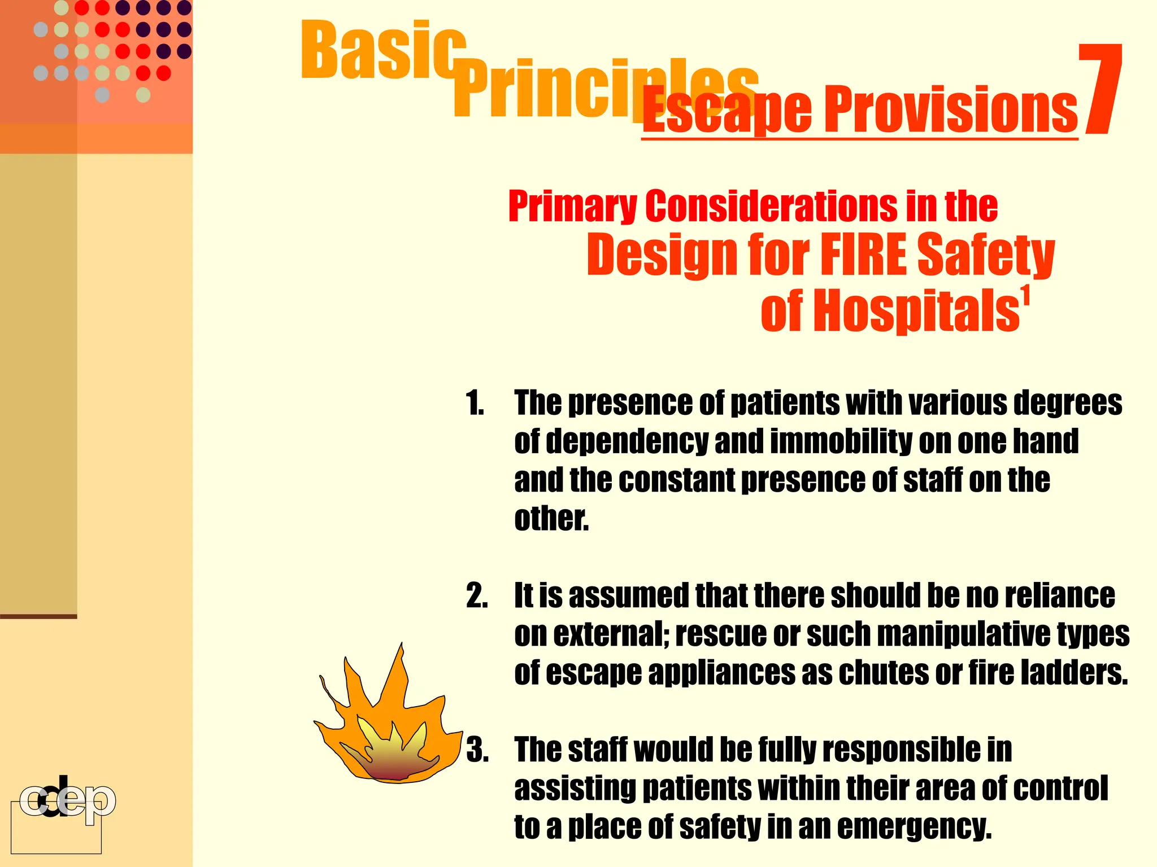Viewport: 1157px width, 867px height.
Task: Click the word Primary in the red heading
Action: tap(572, 207)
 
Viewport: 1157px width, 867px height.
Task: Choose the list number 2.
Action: tap(477, 596)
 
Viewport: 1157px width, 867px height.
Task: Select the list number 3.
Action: tap(477, 751)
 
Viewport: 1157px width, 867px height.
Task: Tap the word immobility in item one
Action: tap(840, 442)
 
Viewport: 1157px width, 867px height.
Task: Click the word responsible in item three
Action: tap(907, 751)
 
